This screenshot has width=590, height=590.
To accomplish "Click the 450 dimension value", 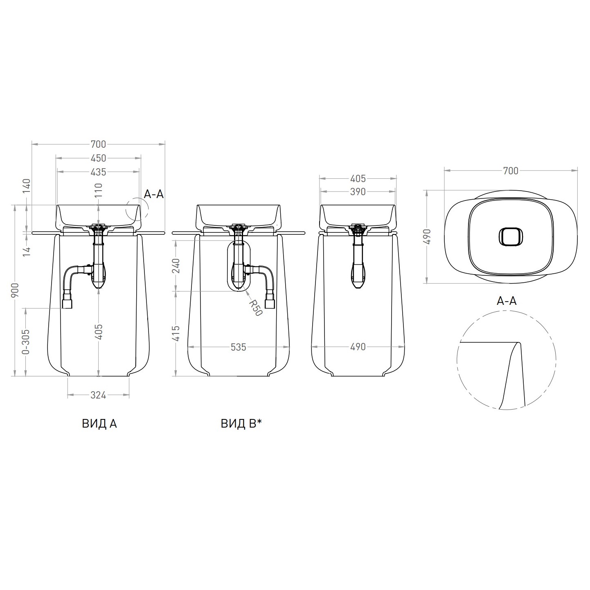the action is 98,158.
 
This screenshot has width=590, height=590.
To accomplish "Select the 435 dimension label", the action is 98,172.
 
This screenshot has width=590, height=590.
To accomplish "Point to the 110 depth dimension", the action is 98,190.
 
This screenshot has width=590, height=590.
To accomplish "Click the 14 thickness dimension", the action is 27,251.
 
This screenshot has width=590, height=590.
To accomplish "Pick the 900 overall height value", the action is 15,290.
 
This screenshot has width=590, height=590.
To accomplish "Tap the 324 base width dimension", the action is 98,395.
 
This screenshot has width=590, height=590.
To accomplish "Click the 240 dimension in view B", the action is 176,266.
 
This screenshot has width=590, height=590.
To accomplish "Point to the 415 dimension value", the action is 176,333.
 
